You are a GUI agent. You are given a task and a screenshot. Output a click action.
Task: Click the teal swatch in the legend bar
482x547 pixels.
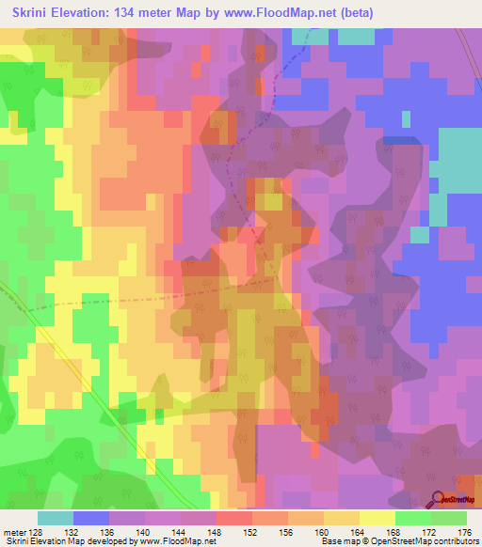(56, 518)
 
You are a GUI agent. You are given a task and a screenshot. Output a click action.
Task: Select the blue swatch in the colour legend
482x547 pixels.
(91, 518)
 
